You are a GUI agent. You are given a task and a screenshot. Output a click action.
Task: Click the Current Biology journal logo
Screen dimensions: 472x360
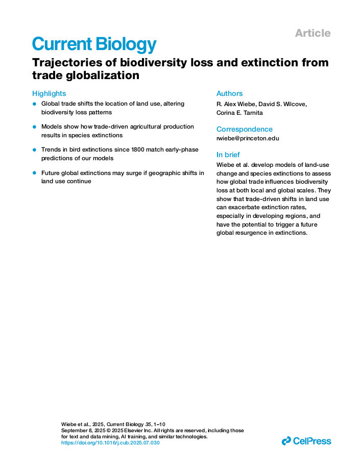(94, 44)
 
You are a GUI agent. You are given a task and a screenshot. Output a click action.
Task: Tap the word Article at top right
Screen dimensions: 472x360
(313, 33)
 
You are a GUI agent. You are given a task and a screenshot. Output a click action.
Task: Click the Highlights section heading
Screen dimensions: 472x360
(49, 93)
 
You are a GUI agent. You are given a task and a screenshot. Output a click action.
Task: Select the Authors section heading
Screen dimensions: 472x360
(229, 93)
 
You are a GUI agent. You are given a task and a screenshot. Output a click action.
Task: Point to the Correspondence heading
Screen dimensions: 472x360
(244, 129)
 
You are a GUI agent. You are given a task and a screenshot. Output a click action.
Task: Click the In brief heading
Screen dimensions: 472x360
(228, 155)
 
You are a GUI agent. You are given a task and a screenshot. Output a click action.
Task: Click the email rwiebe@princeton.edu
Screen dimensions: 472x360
(248, 138)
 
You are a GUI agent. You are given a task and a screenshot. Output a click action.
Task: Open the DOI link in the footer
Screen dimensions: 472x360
(110, 443)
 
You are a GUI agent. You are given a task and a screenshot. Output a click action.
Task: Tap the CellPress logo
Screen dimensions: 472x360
(306, 441)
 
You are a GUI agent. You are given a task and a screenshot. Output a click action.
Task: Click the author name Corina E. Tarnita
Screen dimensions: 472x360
(239, 113)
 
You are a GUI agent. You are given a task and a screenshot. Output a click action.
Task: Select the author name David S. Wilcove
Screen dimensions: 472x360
(285, 104)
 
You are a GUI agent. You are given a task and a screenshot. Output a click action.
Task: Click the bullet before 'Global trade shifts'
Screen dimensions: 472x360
(34, 104)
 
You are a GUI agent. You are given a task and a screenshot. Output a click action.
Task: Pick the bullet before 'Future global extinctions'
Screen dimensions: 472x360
(34, 173)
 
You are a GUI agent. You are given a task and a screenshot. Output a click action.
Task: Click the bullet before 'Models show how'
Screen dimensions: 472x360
(34, 127)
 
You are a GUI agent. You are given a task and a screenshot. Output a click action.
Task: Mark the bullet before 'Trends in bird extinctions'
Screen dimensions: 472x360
(34, 150)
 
